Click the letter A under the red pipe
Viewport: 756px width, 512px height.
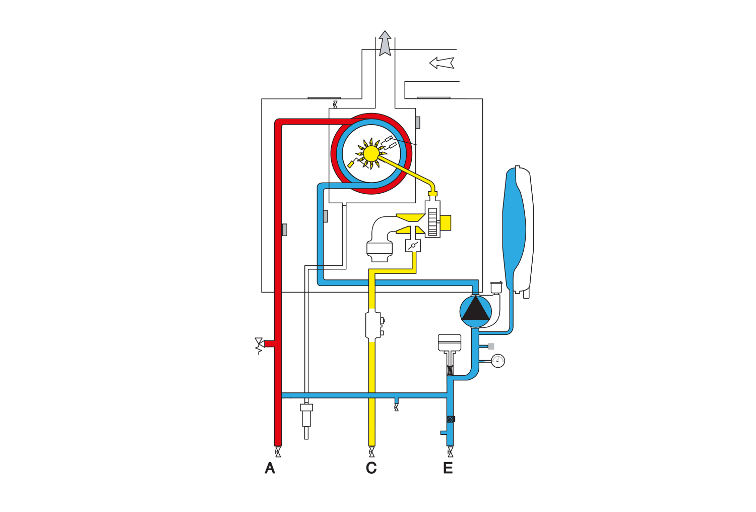[270, 469]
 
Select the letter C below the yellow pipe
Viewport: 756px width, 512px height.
[371, 469]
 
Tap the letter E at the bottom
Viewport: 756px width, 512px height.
[448, 469]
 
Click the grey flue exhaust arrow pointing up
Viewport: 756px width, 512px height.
[385, 43]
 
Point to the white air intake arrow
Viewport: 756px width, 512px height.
[442, 63]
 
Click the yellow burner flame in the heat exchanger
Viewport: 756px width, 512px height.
[371, 153]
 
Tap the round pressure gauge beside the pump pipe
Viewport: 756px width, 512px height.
[498, 361]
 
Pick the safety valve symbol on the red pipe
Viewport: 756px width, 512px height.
[260, 346]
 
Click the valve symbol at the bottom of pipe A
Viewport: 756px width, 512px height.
[278, 452]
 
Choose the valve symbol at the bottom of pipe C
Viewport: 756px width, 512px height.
[372, 452]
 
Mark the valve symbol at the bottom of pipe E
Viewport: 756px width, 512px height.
[450, 452]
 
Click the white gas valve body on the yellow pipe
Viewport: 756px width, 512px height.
[373, 325]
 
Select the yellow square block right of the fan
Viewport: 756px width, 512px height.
[446, 222]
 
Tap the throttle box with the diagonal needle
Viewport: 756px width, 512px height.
[413, 246]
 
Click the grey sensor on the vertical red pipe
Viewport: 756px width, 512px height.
[285, 230]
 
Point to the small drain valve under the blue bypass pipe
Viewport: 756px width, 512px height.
[396, 407]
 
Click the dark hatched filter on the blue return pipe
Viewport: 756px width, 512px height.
[451, 419]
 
